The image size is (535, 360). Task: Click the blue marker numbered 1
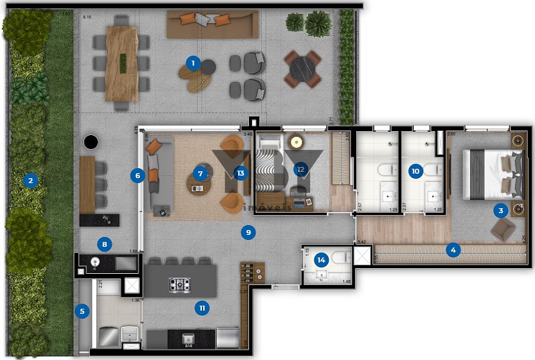coord(193,62)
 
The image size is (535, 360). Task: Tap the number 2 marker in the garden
coord(29,181)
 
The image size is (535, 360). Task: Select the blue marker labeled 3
coord(500,211)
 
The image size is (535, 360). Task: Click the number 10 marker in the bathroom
coord(415,170)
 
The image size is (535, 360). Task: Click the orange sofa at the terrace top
coord(212,24)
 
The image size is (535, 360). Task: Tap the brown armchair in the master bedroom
coord(502,229)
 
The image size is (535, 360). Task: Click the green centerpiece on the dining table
coord(123,61)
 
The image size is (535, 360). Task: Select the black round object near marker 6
coord(91,142)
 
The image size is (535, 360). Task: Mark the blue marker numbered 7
coord(200,174)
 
